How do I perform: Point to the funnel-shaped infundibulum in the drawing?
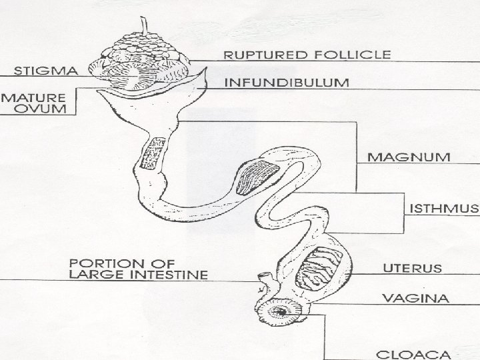151,107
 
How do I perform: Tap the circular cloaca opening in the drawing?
283,311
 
